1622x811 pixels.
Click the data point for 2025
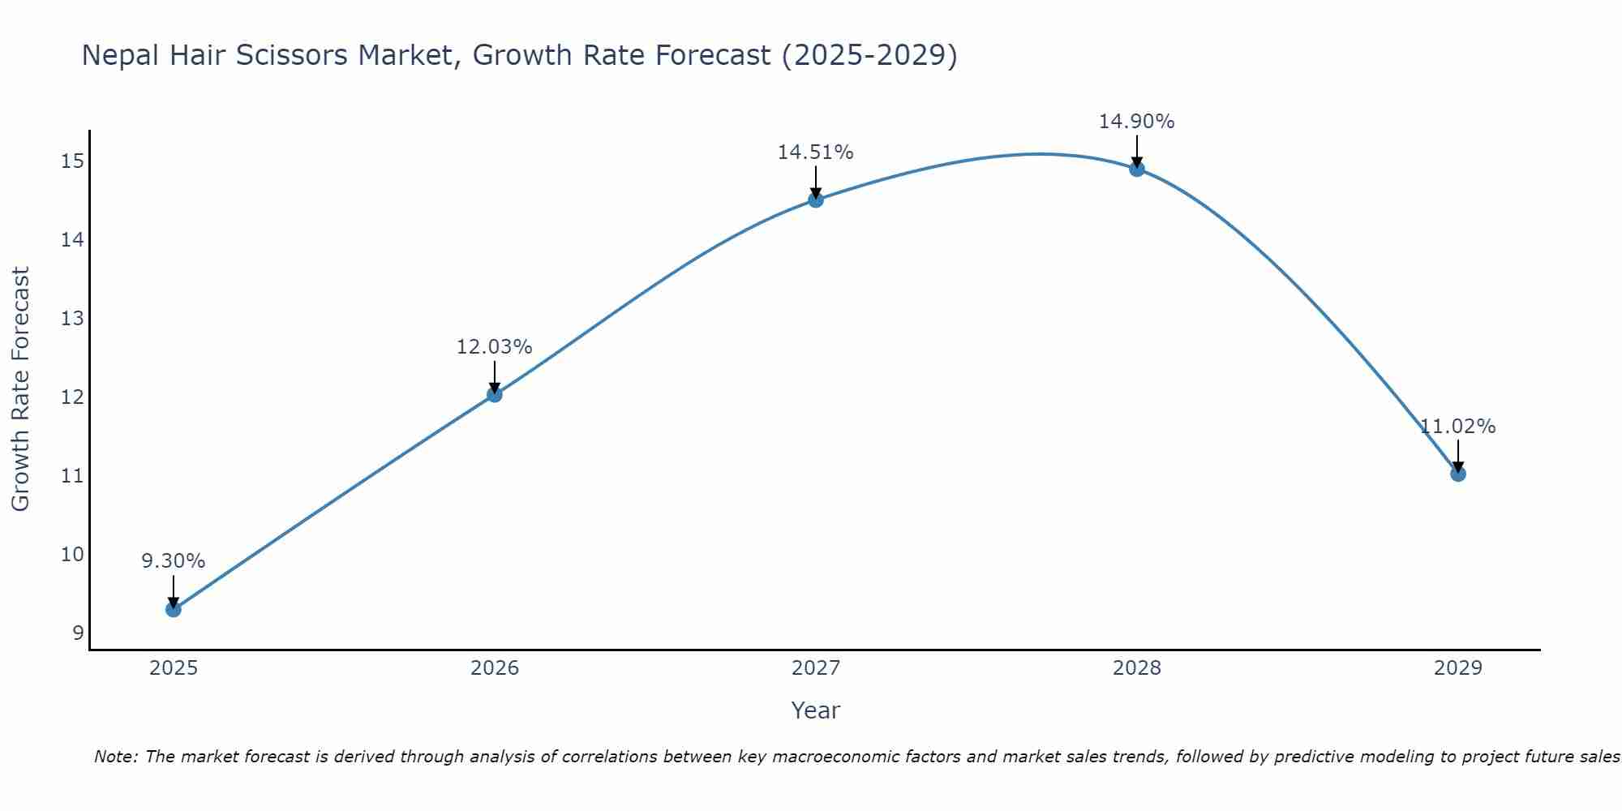coord(173,609)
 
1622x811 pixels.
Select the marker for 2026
coord(494,394)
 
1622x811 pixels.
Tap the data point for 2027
coord(816,200)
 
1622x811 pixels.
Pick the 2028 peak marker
coord(1137,169)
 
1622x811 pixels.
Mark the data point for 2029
coord(1458,474)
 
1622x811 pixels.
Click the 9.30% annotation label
coord(173,561)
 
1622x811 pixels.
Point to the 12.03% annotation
coord(494,347)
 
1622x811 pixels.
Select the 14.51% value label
coord(815,152)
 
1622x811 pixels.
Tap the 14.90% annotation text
coord(1136,122)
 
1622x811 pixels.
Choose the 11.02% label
coord(1457,427)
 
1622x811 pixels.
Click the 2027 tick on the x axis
coord(816,668)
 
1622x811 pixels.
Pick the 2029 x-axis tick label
coord(1457,668)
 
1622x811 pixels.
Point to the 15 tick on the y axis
coord(72,161)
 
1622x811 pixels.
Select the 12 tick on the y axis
coord(72,397)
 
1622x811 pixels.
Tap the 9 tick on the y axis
coord(78,633)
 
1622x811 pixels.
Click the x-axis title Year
coord(815,710)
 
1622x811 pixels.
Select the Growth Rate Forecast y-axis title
coord(20,389)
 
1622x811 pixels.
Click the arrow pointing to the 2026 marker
coord(494,378)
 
